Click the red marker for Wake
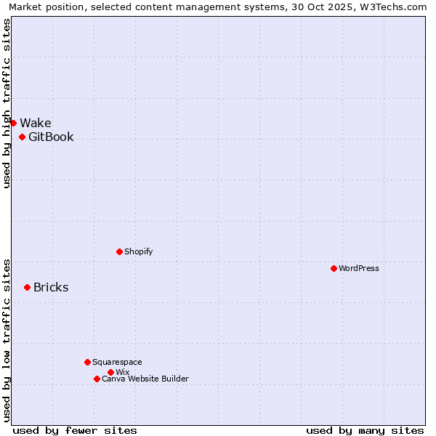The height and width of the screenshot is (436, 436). click(x=13, y=123)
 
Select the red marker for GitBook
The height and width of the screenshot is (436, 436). click(x=22, y=137)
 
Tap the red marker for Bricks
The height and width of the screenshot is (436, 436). click(x=27, y=287)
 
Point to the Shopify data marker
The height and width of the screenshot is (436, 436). click(x=119, y=251)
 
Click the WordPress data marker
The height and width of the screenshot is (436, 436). click(x=334, y=268)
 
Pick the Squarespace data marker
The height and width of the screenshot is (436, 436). click(x=87, y=362)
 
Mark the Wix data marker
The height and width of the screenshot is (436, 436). click(x=110, y=372)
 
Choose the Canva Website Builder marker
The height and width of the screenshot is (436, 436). click(x=97, y=379)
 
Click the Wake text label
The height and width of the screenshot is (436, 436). click(x=36, y=123)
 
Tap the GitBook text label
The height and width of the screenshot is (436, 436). click(x=51, y=137)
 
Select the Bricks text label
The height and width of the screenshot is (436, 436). click(x=51, y=287)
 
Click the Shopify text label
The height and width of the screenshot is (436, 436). click(x=138, y=251)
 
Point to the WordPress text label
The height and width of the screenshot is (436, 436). click(x=359, y=268)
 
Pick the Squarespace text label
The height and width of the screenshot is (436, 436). click(x=117, y=362)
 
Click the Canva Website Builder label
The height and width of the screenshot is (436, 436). click(x=145, y=379)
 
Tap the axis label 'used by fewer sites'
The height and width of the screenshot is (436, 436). click(x=75, y=430)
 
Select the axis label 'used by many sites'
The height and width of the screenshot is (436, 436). click(x=365, y=430)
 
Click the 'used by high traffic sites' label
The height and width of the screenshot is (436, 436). click(x=7, y=103)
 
